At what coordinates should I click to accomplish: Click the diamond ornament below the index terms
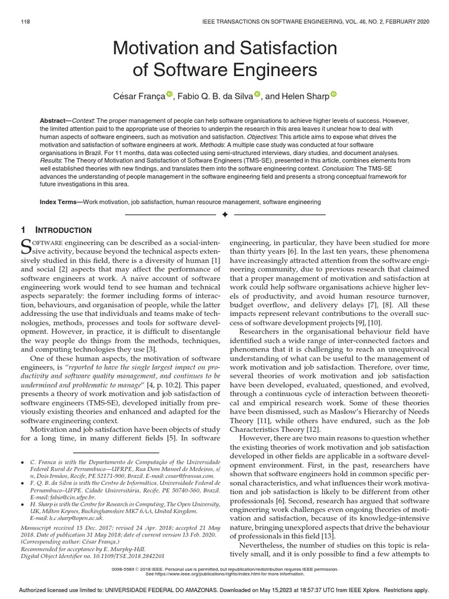[224, 215]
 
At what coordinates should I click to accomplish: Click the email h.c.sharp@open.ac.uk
[69, 517]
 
